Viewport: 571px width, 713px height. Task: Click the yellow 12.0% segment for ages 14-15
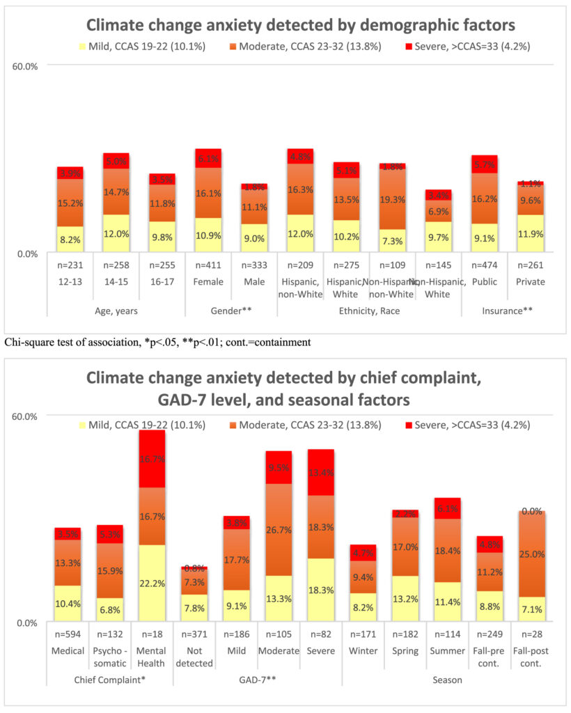tap(116, 233)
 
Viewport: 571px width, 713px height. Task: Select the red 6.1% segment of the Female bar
tap(208, 158)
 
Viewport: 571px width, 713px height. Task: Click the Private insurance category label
tap(531, 282)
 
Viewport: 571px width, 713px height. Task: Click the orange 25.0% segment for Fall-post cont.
tap(532, 554)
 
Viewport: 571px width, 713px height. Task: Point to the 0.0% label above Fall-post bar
tap(532, 511)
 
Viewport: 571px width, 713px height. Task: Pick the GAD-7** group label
tap(258, 679)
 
